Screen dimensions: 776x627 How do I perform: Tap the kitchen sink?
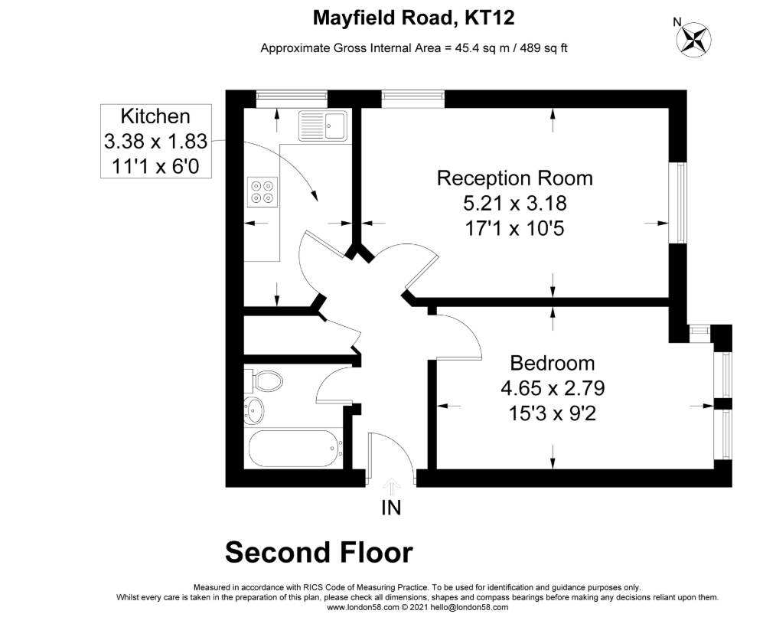323,126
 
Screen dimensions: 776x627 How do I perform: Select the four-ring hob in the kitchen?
262,192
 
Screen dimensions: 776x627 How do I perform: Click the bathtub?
293,449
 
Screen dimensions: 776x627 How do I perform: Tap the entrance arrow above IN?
392,486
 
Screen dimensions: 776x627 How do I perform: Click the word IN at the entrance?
391,508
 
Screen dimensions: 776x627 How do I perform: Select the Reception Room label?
515,178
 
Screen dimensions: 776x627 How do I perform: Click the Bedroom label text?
553,363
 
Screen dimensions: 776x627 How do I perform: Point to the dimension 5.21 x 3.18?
515,203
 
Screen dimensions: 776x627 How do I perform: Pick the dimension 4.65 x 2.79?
553,388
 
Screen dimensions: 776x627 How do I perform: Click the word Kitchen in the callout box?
155,116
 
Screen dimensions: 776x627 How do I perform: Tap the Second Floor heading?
319,553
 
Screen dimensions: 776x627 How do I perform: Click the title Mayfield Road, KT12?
414,18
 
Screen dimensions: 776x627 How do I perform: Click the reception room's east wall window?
678,203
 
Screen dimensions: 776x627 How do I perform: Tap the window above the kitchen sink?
292,99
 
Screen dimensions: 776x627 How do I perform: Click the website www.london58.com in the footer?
363,607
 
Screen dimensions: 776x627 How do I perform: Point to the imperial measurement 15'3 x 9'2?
553,413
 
